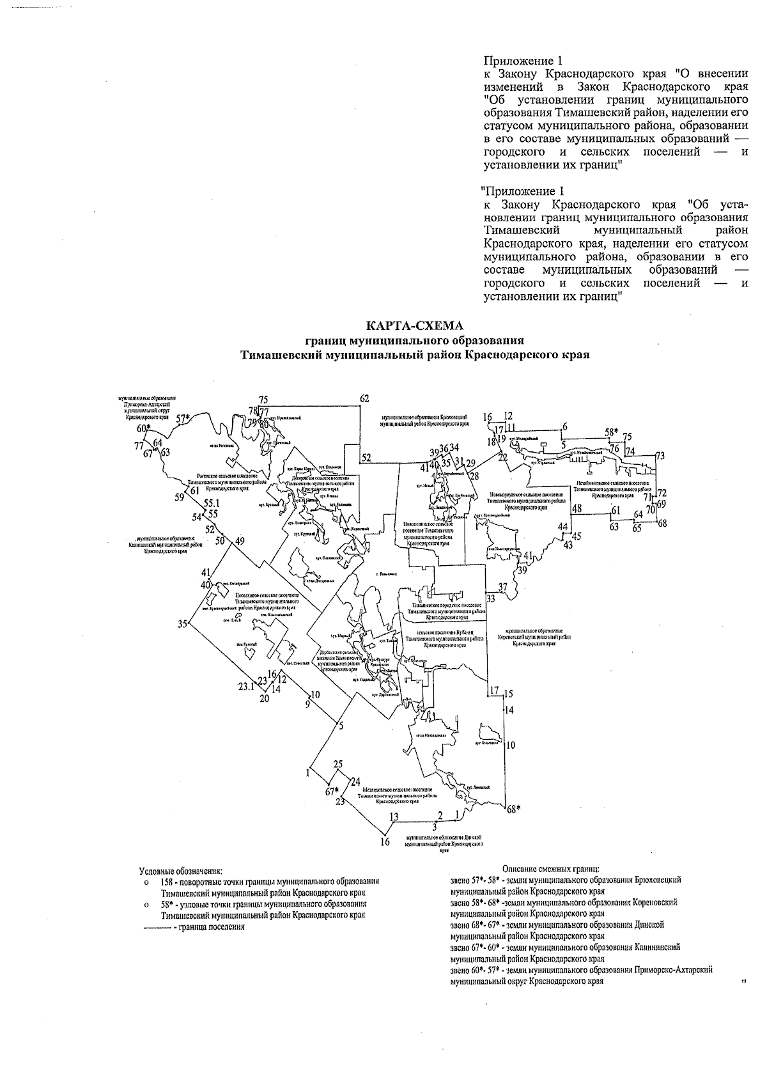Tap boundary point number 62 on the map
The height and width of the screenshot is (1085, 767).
(x=364, y=399)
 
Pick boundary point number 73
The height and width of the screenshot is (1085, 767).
(x=660, y=456)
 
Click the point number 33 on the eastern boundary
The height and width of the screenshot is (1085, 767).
(x=490, y=599)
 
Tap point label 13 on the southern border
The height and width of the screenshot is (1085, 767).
(x=394, y=816)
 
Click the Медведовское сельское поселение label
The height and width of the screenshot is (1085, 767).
(x=400, y=795)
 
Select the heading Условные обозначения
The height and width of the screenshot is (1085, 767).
(x=181, y=870)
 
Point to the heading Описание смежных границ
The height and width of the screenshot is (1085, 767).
(x=550, y=868)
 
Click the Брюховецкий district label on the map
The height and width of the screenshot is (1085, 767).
(x=424, y=419)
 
